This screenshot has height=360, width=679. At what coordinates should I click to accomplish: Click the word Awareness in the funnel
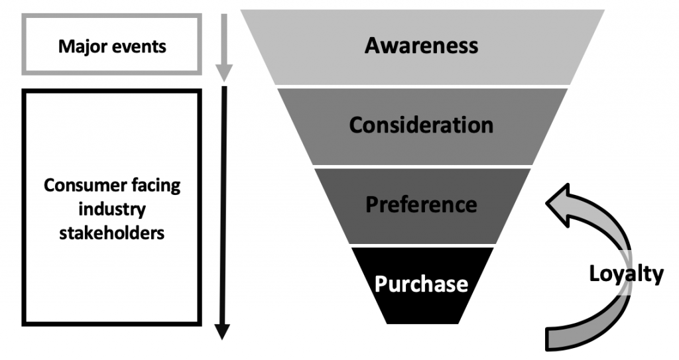pyautogui.click(x=421, y=46)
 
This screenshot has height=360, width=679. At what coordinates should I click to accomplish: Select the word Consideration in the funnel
pyautogui.click(x=421, y=125)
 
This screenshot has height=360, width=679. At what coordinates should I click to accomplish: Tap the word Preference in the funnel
pyautogui.click(x=421, y=204)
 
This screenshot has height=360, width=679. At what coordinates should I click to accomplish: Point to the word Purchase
pyautogui.click(x=421, y=284)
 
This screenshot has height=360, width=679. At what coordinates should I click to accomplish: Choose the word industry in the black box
pyautogui.click(x=112, y=209)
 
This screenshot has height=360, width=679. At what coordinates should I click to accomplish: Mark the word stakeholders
pyautogui.click(x=112, y=233)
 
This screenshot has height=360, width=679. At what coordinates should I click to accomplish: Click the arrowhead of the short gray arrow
pyautogui.click(x=224, y=72)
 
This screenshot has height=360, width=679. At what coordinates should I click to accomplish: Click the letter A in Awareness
pyautogui.click(x=372, y=46)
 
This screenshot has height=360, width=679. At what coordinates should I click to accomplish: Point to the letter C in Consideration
pyautogui.click(x=356, y=125)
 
